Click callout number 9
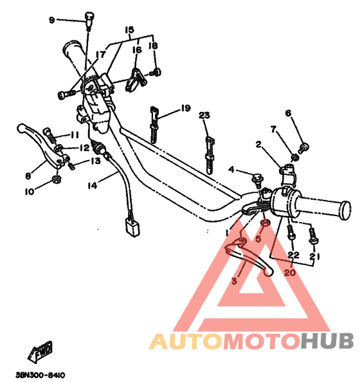pos(51,20)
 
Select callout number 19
pos(186,108)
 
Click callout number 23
pos(204,114)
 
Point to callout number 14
pos(92,186)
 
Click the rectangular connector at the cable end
pos(132,227)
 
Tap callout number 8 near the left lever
pos(28,176)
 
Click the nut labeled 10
pos(57,179)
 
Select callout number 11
pos(75,134)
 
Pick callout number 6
pos(288,113)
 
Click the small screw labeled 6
pos(303,148)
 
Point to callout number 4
pos(231,169)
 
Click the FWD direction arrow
pos(40,352)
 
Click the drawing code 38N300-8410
pos(40,375)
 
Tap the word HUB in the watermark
pos(327,341)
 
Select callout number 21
pos(315,256)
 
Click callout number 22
pos(293,255)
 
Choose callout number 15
pos(130,30)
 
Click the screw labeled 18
pos(156,73)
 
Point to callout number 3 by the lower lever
pos(234,281)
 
